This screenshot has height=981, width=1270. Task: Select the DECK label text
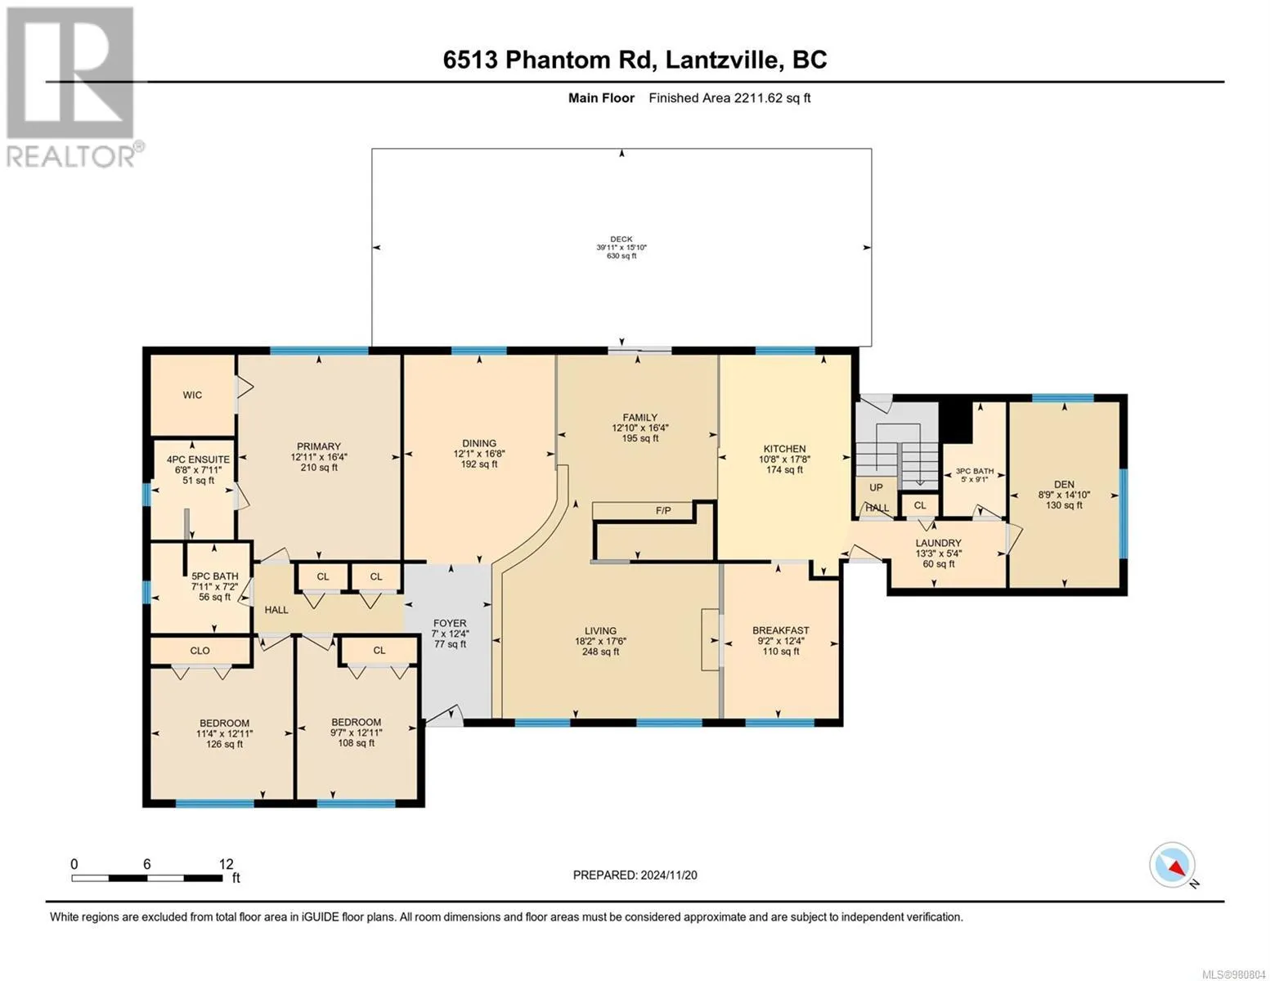pos(622,239)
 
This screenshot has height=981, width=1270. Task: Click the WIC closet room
pos(193,396)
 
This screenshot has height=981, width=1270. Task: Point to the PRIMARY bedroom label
pos(319,446)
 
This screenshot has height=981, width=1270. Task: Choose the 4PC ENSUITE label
pos(199,459)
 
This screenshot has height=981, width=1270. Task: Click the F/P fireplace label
pos(663,511)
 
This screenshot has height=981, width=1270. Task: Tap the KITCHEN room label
pos(785,449)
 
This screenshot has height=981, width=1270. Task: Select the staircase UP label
pos(876,487)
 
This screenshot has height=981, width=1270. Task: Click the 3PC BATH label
pos(975,471)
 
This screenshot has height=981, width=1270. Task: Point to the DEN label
pos(1064,484)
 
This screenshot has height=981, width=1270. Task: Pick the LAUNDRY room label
pos(939,543)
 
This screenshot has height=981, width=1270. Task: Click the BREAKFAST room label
pos(781,630)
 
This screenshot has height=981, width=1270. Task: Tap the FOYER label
pos(450,624)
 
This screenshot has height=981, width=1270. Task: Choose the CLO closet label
pos(200,651)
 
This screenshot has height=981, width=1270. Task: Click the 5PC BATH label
pos(215,576)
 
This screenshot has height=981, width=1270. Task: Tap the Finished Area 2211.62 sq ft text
pos(729,98)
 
